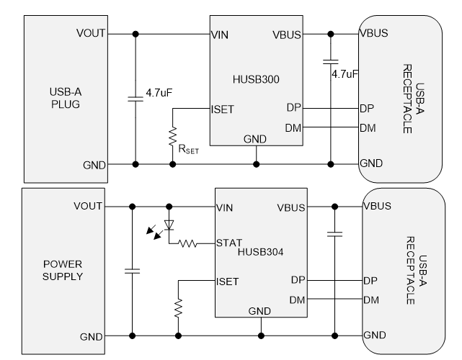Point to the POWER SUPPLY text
63,271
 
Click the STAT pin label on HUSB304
229,243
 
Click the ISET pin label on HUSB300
222,110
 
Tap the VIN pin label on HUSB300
220,33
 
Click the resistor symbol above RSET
172,135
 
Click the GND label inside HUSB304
259,311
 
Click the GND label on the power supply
91,336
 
